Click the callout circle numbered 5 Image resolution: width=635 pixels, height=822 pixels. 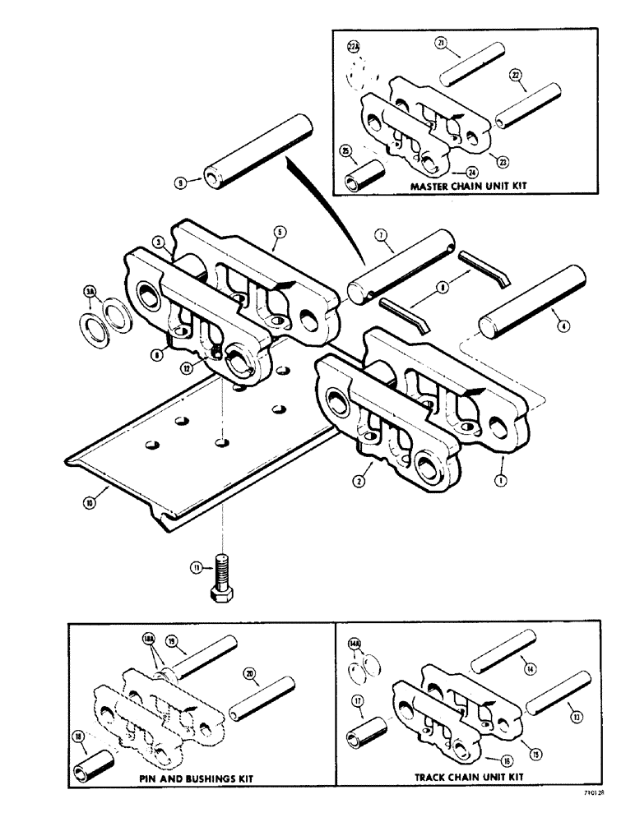(x=279, y=233)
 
